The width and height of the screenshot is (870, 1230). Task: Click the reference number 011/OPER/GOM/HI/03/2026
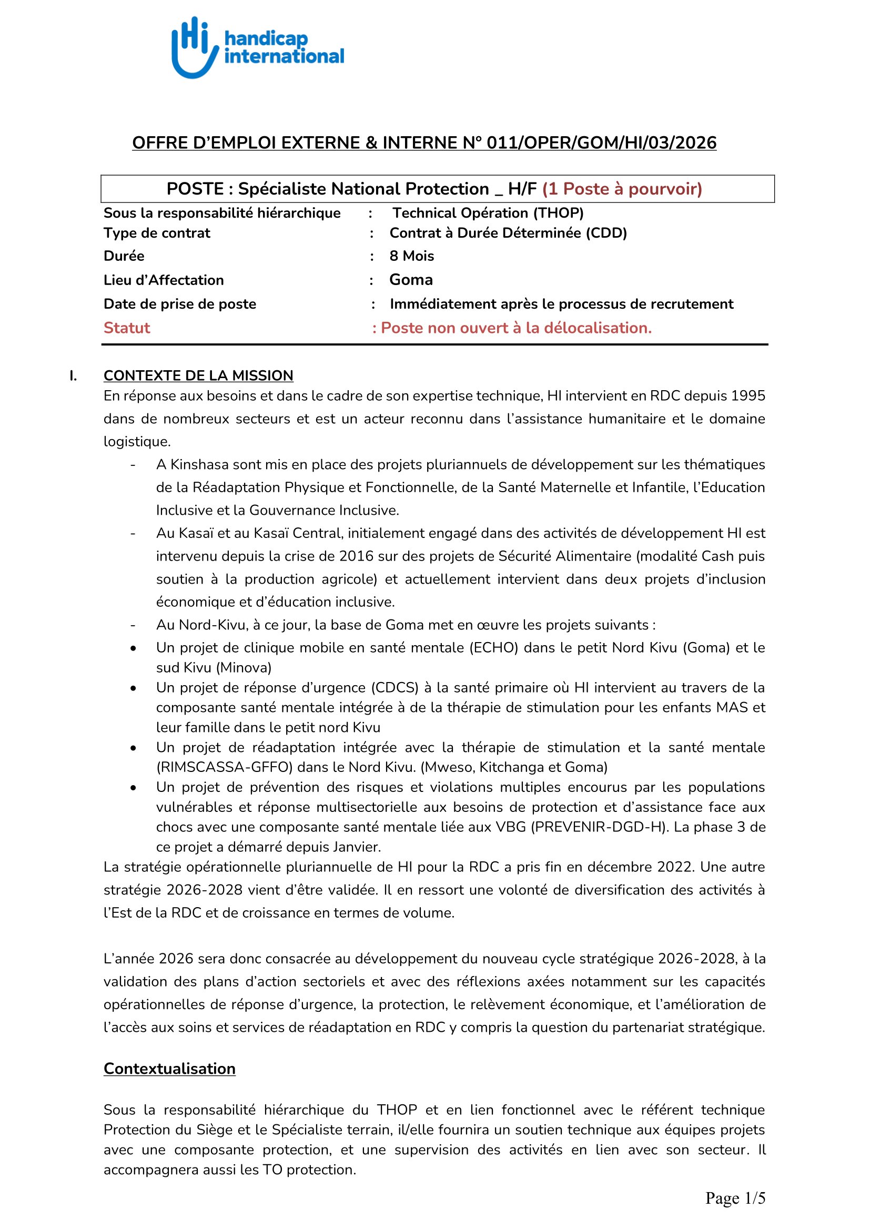click(x=601, y=143)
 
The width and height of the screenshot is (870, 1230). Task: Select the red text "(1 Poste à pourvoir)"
click(x=622, y=189)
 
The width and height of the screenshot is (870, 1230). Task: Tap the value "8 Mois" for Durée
click(x=411, y=256)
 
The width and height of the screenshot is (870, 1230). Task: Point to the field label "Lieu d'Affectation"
click(x=164, y=280)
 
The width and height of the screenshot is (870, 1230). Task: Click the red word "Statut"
click(x=126, y=328)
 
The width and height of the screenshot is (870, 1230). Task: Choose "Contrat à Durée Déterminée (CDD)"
click(x=508, y=233)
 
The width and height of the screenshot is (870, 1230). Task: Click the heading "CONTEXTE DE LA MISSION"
click(x=198, y=375)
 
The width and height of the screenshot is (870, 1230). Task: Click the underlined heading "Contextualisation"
click(x=169, y=1069)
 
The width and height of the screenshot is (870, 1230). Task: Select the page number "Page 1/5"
click(x=735, y=1198)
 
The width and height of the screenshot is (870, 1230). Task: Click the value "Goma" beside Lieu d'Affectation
click(x=411, y=280)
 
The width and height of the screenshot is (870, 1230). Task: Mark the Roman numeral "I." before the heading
click(x=73, y=376)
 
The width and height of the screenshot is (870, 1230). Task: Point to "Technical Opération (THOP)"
click(x=488, y=213)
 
